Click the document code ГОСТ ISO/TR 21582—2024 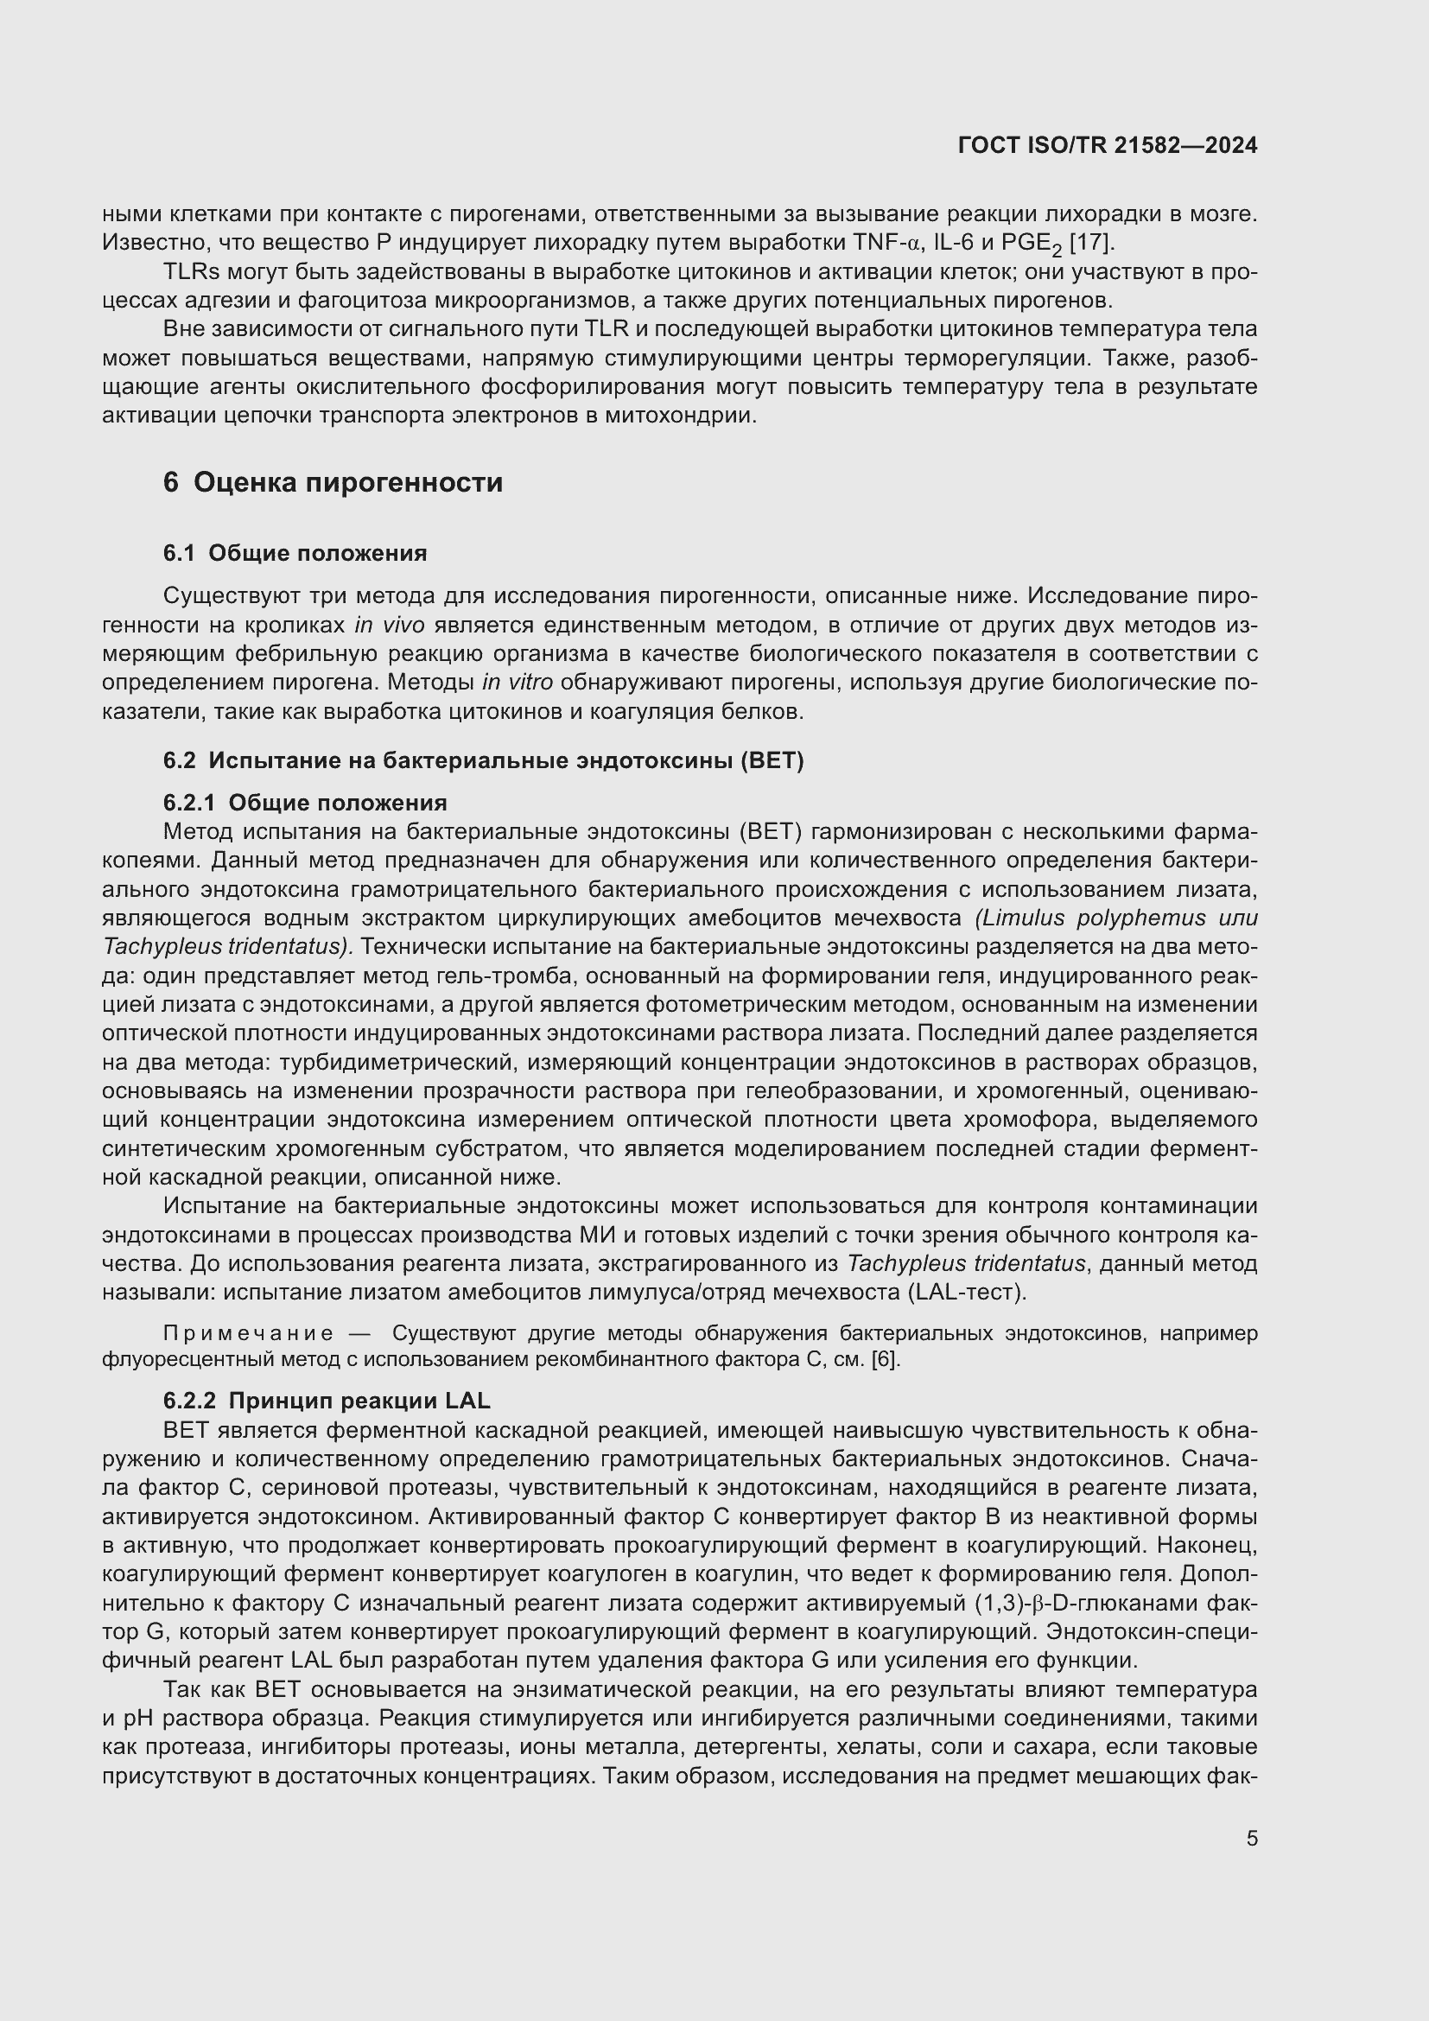point(1107,146)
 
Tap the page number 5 point(1251,1839)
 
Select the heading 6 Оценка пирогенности point(333,482)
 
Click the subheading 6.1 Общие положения point(295,554)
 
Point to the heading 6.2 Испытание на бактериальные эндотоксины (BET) point(483,760)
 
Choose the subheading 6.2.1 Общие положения point(304,803)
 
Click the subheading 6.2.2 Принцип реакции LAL point(327,1401)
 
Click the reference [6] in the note point(885,1360)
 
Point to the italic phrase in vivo point(389,625)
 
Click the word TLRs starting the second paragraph point(191,272)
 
